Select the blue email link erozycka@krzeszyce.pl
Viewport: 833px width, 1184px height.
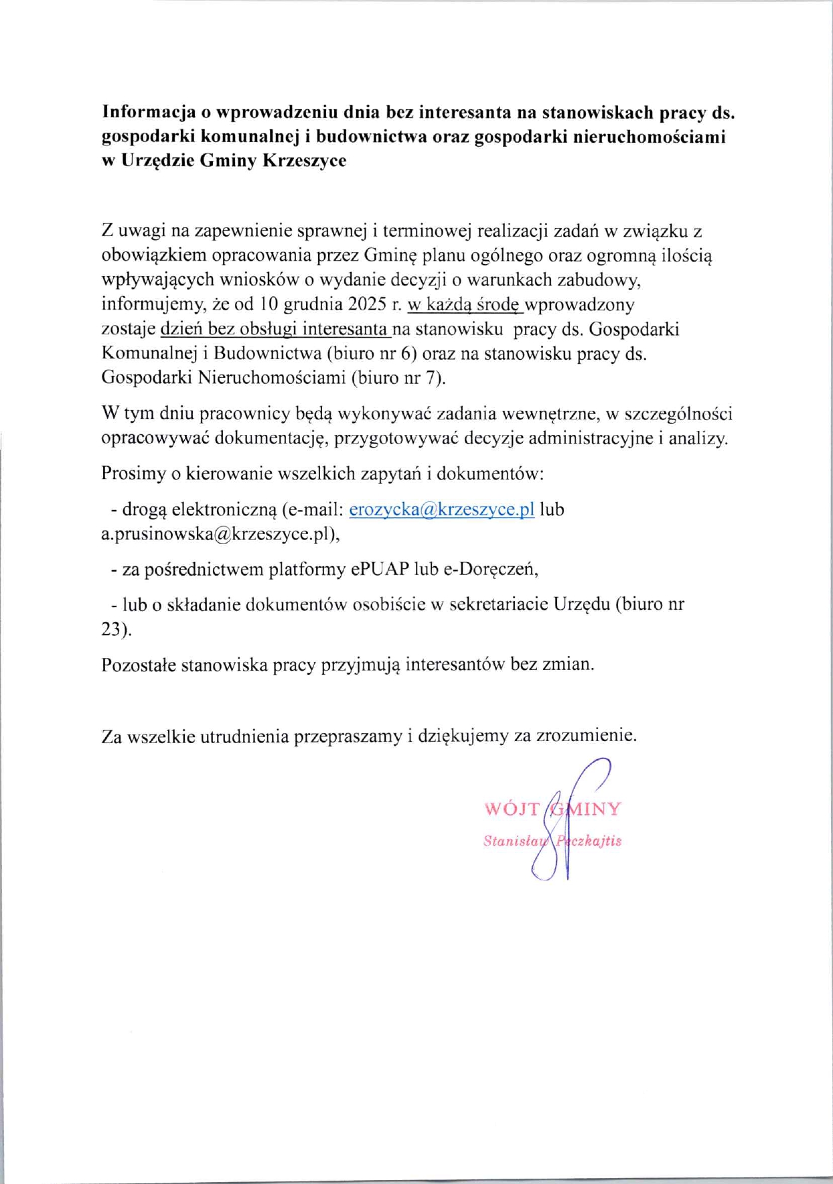[441, 509]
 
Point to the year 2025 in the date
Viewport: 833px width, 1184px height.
[366, 304]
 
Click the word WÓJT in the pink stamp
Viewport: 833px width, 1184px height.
[512, 809]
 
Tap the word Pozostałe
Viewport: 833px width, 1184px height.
[139, 665]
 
